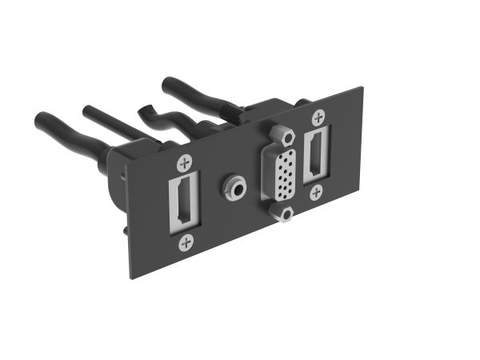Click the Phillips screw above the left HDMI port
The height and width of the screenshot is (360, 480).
click(x=184, y=163)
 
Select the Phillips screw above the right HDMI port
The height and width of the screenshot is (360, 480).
click(x=318, y=117)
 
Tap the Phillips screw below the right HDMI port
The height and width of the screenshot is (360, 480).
click(x=317, y=191)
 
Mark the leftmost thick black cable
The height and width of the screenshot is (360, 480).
click(x=64, y=132)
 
